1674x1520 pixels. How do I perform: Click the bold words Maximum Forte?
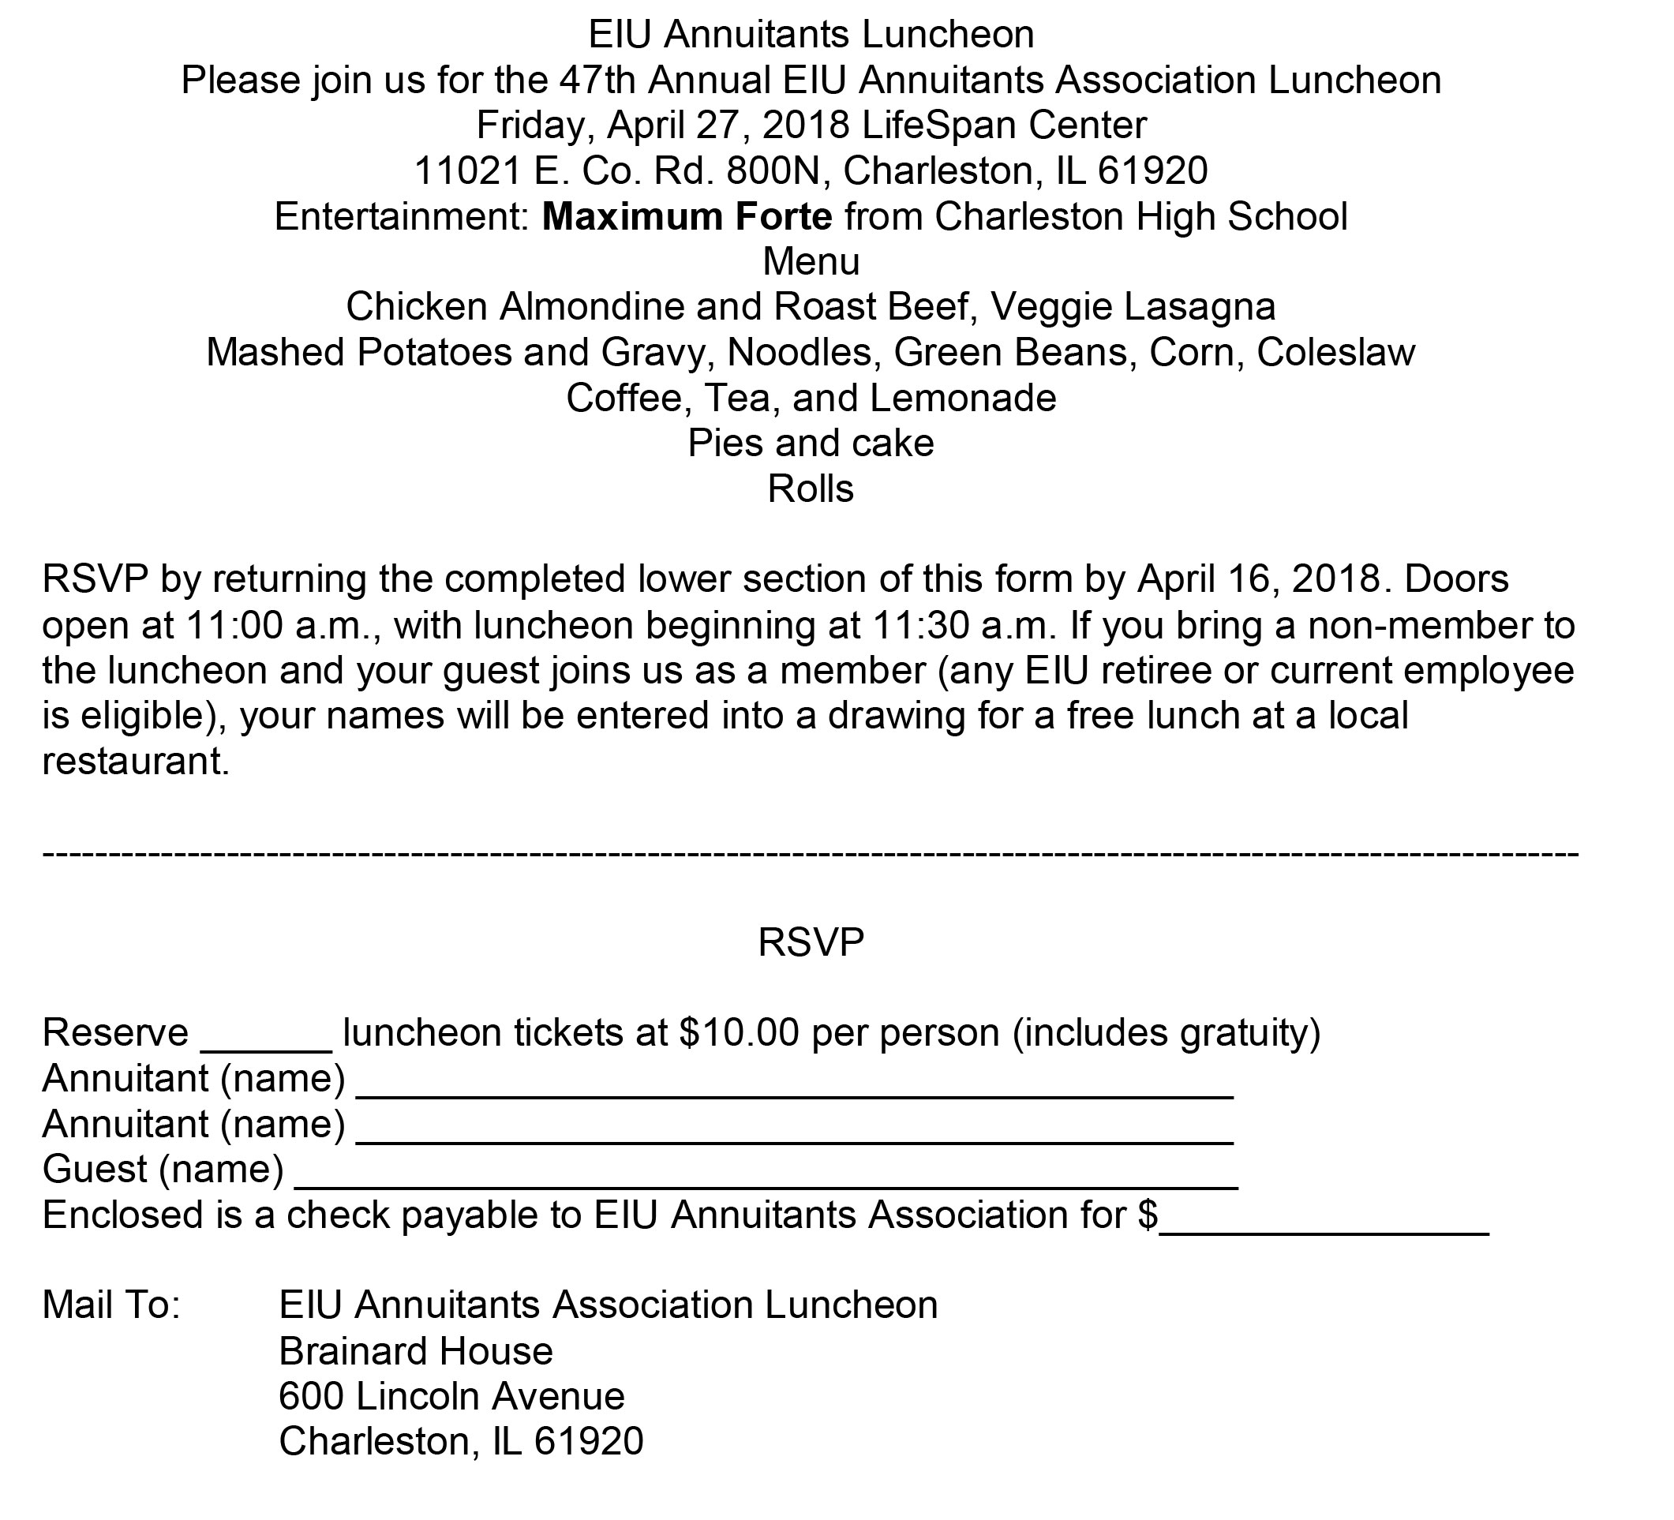pyautogui.click(x=687, y=217)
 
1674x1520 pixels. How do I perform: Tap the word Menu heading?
pyautogui.click(x=811, y=262)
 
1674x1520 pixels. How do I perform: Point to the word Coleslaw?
pyautogui.click(x=1336, y=353)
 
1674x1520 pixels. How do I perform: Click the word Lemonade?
pyautogui.click(x=963, y=399)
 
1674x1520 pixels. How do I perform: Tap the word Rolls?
pyautogui.click(x=811, y=490)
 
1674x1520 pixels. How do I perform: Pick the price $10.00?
pyautogui.click(x=739, y=1034)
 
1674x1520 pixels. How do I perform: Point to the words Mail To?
pyautogui.click(x=111, y=1305)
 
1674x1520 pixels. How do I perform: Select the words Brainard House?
pyautogui.click(x=416, y=1351)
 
